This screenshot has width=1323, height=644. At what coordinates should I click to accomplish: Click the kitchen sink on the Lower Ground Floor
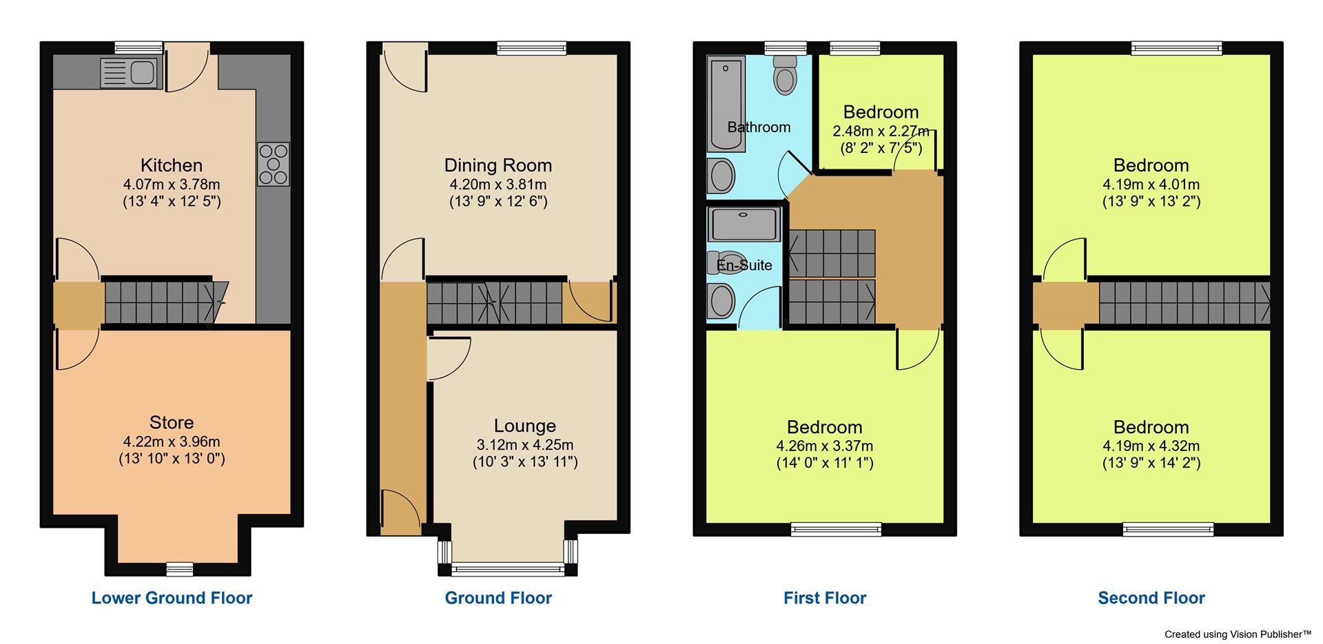click(130, 73)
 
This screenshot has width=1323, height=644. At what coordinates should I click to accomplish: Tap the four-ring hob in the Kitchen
click(274, 164)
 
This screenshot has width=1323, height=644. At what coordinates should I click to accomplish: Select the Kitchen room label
click(172, 165)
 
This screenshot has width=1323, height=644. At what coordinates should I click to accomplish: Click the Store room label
click(172, 422)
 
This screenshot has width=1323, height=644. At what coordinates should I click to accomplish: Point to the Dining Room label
click(498, 165)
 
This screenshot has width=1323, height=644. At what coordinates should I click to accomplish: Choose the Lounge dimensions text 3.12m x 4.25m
click(525, 445)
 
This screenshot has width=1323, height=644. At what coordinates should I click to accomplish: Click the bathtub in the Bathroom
click(726, 103)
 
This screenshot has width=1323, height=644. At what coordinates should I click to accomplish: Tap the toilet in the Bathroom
click(786, 74)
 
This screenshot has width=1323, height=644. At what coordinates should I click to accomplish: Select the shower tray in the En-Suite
click(744, 225)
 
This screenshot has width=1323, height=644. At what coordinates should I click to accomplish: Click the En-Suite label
click(744, 265)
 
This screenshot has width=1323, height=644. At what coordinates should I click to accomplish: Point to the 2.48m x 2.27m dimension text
click(881, 131)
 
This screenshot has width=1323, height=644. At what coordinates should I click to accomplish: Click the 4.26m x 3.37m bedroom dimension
click(825, 446)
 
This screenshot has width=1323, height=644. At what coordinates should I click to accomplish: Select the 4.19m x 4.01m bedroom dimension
click(1151, 185)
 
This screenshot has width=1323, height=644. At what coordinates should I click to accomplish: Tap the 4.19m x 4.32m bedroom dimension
click(1151, 446)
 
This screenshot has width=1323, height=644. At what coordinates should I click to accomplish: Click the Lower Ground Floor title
click(172, 598)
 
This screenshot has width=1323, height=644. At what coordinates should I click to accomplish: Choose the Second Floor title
click(1151, 598)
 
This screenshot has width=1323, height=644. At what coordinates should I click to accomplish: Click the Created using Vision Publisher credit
click(1238, 634)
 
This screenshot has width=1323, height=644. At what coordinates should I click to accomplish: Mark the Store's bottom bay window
click(179, 569)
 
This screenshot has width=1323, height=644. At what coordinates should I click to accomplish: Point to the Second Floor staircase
click(1184, 303)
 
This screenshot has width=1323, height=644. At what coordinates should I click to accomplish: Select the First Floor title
click(825, 598)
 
